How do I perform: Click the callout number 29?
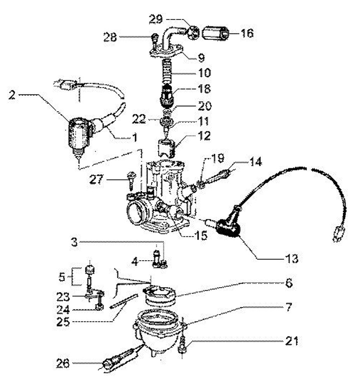[x=156, y=19]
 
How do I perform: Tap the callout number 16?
[x=247, y=33]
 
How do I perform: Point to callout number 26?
[x=63, y=363]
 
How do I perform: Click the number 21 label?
[x=291, y=341]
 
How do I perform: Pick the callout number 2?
[x=11, y=95]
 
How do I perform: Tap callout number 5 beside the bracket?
[x=61, y=277]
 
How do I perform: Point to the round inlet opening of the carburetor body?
[x=136, y=212]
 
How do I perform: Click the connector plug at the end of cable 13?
[x=336, y=234]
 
